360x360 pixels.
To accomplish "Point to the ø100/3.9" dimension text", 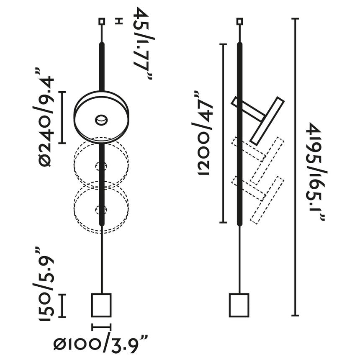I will click(101, 344).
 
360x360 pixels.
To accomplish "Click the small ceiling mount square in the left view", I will click(101, 21).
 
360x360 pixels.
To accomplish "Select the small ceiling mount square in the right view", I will click(239, 21).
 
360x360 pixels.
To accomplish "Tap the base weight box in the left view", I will click(101, 305).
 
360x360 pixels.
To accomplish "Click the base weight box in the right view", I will click(239, 305).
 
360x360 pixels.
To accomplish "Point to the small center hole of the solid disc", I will click(101, 120).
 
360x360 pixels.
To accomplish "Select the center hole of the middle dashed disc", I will click(100, 166).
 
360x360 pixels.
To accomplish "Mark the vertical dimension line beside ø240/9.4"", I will click(62, 117).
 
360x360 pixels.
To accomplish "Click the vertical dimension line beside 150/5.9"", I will click(62, 306).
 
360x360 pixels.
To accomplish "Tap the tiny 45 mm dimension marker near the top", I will click(118, 21).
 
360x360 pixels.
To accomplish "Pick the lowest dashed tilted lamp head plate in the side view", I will click(267, 200).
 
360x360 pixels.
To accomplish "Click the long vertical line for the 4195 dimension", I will click(296, 167).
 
